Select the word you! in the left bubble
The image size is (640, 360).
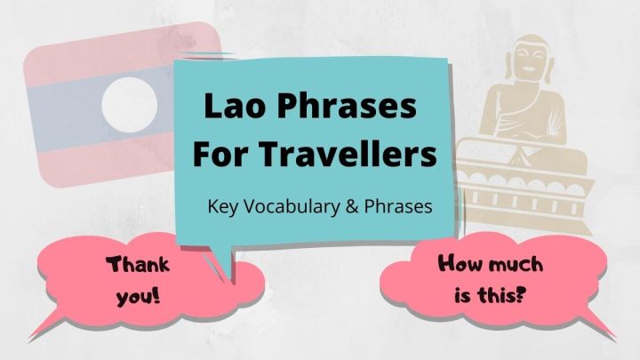[x=138, y=292]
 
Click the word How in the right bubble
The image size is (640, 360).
[x=460, y=264]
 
